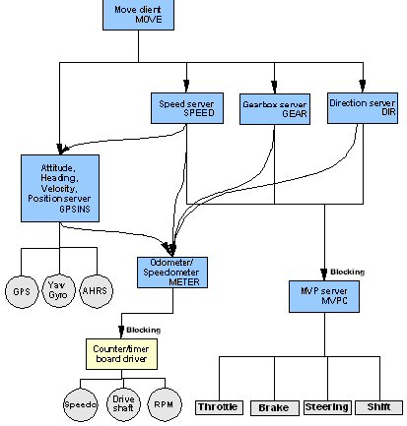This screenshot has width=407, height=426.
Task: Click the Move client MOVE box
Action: [x=138, y=15]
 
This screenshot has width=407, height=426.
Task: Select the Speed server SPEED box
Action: [x=187, y=108]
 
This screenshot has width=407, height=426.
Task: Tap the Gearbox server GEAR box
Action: [x=275, y=109]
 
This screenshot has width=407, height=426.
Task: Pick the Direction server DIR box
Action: [x=363, y=108]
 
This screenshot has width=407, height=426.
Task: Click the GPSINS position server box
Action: [x=60, y=188]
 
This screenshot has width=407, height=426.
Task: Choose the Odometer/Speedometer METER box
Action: [x=172, y=273]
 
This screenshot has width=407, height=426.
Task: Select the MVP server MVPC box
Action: [x=324, y=296]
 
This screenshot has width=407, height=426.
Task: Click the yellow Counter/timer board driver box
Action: [x=121, y=354]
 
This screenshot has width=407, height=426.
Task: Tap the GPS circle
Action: [x=22, y=291]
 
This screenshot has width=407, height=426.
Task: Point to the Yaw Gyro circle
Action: [x=58, y=290]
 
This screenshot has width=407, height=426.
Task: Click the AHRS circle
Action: [x=96, y=291]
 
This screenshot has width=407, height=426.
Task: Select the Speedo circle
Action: [x=81, y=404]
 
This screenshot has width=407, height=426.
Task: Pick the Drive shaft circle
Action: [x=123, y=404]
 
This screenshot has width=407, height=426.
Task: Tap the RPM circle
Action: [x=165, y=404]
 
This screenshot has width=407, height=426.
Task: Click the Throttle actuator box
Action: [x=219, y=407]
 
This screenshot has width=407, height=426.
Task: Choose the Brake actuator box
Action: [x=275, y=408]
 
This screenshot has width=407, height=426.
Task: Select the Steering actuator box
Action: [x=327, y=407]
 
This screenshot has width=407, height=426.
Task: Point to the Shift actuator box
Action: [x=378, y=407]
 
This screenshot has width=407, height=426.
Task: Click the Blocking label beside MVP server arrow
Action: [x=348, y=272]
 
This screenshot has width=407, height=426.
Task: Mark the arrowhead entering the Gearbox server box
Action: [x=275, y=88]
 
